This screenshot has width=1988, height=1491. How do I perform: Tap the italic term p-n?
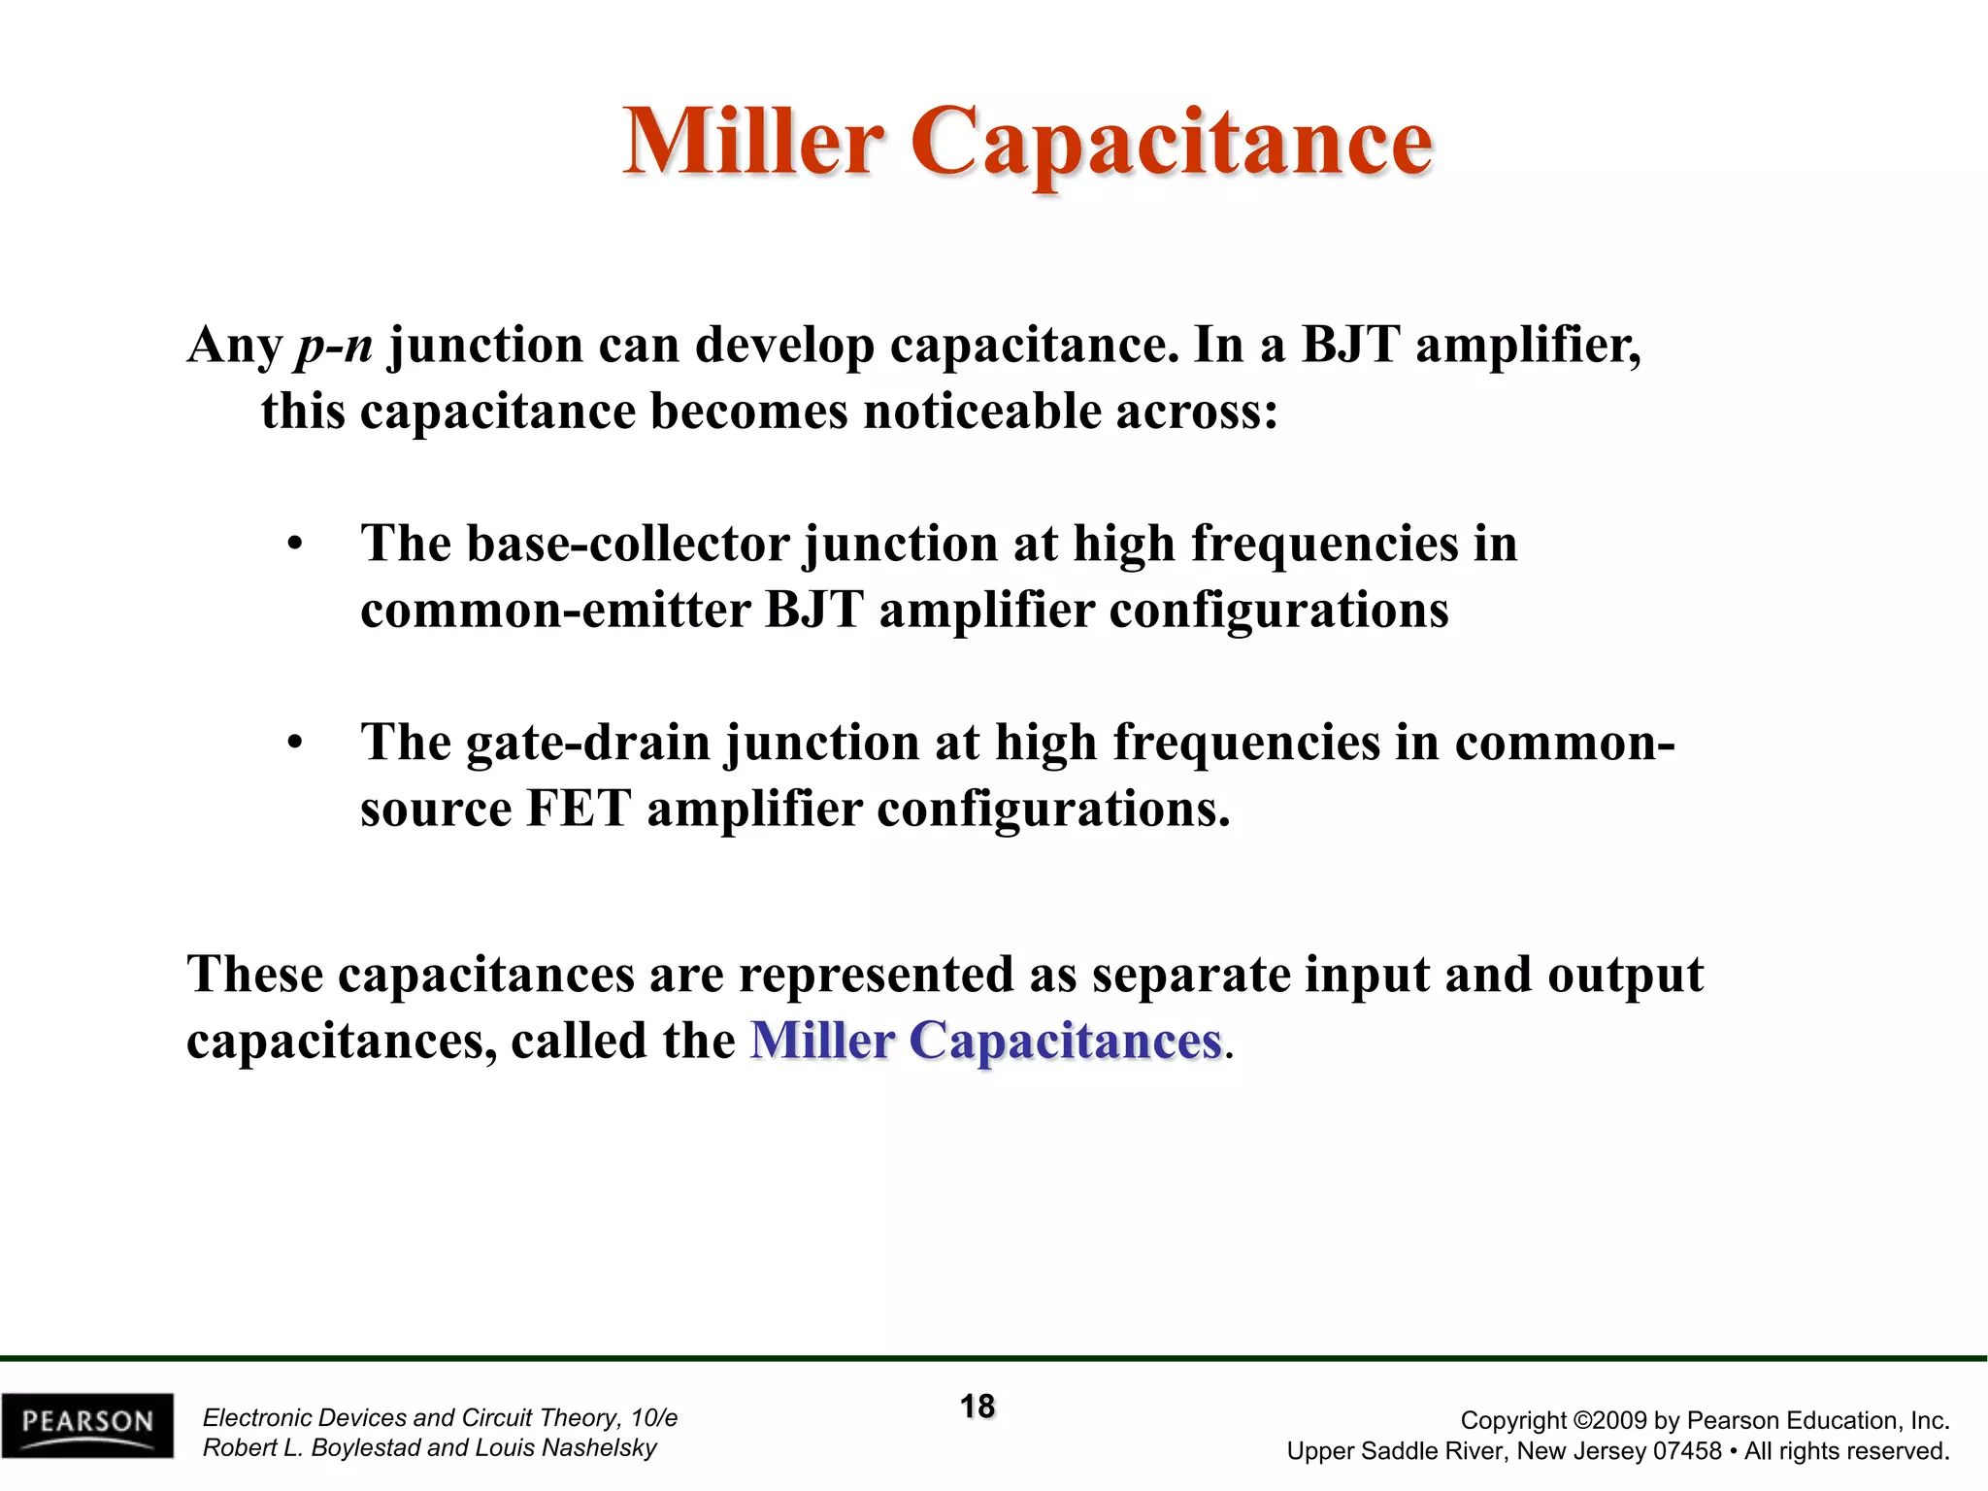point(335,346)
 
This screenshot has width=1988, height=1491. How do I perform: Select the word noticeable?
point(981,412)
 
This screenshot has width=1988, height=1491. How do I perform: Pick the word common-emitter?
point(555,611)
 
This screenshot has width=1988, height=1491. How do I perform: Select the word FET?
point(579,810)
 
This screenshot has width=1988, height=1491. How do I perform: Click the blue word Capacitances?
point(1065,1042)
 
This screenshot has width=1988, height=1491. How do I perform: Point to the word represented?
point(876,975)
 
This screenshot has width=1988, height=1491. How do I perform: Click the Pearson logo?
point(87,1425)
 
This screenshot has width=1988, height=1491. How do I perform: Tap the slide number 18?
point(977,1407)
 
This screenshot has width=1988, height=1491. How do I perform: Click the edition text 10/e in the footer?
point(653,1418)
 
